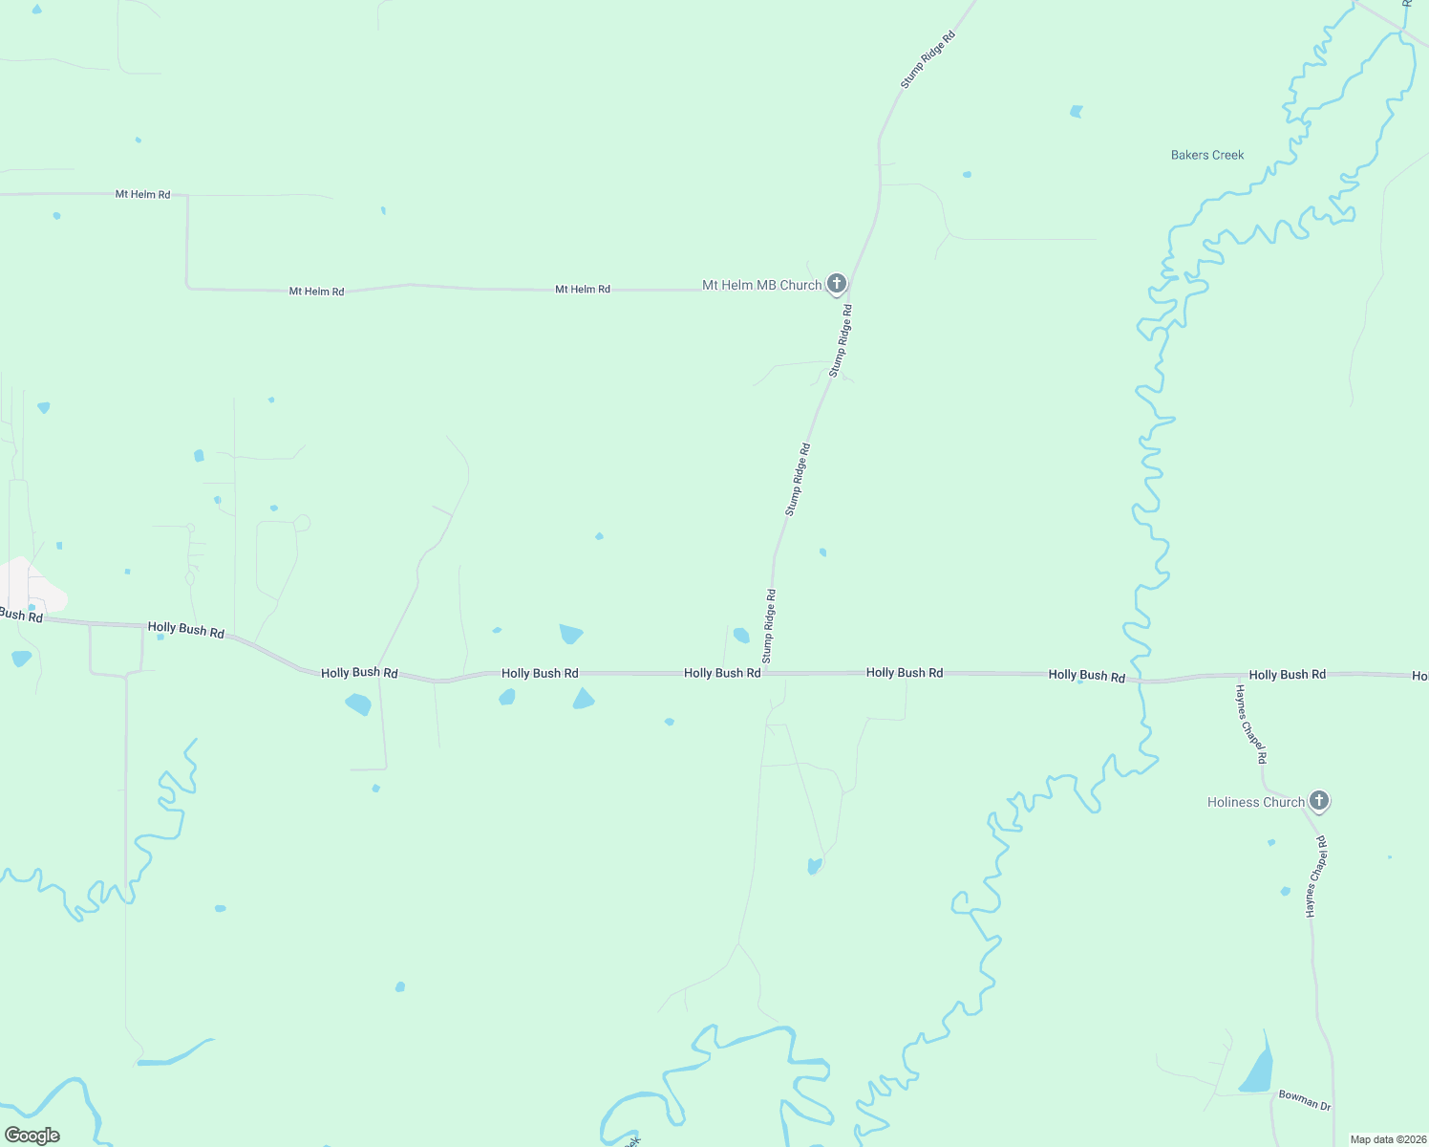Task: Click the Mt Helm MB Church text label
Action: click(x=761, y=285)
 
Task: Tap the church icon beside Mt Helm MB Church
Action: click(x=837, y=283)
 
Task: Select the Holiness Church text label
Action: click(x=1255, y=802)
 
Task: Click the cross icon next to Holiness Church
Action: click(x=1319, y=800)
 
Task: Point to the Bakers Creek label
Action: click(x=1207, y=155)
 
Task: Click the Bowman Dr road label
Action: click(x=1304, y=1100)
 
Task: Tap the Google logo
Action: click(x=32, y=1136)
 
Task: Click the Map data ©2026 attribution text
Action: click(x=1388, y=1139)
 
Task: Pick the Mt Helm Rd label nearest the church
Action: click(x=583, y=289)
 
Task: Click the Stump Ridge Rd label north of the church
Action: click(x=928, y=60)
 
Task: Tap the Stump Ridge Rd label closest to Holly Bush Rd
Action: click(x=769, y=626)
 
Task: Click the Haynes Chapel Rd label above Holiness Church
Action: click(x=1250, y=724)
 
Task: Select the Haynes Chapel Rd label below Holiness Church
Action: click(x=1316, y=876)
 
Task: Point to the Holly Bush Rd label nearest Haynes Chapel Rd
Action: click(x=1287, y=675)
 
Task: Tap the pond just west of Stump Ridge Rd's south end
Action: click(x=741, y=636)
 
